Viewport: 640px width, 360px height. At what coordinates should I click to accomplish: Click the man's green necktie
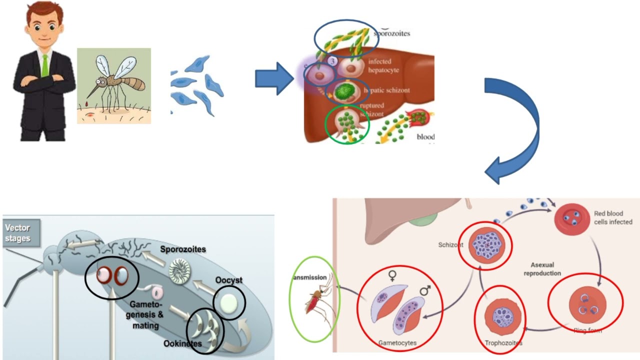45,65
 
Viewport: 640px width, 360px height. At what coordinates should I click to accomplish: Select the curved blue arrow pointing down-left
515,130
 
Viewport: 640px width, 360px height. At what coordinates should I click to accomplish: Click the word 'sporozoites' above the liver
392,33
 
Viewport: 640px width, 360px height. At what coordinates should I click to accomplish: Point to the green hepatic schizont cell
344,91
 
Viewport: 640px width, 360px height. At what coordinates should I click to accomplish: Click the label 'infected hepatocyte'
383,66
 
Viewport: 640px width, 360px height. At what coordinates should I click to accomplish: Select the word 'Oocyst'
229,280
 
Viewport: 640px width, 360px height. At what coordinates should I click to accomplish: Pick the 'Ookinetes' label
182,344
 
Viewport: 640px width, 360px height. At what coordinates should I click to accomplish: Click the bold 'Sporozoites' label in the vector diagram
183,249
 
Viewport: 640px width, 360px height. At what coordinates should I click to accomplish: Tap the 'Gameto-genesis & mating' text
146,314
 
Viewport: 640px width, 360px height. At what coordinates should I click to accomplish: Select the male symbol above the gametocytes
424,290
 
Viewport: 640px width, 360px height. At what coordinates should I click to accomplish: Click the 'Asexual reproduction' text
542,269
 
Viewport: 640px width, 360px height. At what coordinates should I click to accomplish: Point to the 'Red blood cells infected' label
613,217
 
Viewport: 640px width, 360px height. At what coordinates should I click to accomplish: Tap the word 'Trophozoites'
503,343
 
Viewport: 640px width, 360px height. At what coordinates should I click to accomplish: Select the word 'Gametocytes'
397,343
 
